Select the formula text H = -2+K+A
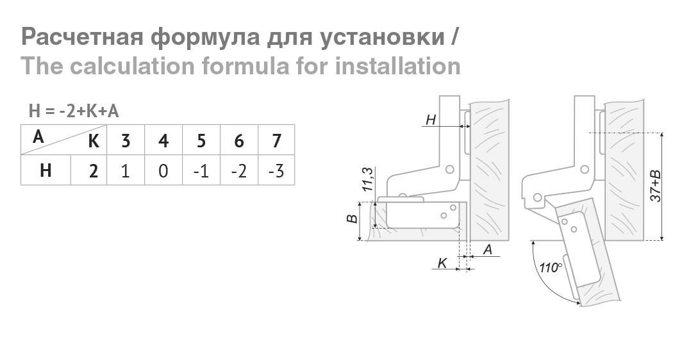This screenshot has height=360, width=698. (74, 111)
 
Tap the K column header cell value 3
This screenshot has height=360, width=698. (125, 140)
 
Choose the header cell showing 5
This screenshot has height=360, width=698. (201, 140)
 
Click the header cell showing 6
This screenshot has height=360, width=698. (238, 140)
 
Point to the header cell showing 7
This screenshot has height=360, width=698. (276, 140)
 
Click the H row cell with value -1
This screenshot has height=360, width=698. (201, 172)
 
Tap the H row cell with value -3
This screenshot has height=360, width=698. (276, 172)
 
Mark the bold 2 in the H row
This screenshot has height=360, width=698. (94, 172)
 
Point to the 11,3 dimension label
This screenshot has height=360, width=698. (367, 180)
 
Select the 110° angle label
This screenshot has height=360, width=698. (550, 268)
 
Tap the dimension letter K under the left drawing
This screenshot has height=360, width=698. (442, 263)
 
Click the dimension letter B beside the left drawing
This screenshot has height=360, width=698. (351, 219)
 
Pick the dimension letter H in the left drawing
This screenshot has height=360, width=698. (431, 119)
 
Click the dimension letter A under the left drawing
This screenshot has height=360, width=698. (488, 250)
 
